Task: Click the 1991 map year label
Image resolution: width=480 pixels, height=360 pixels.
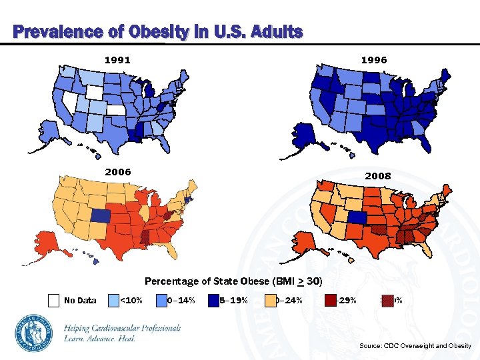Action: coord(117,60)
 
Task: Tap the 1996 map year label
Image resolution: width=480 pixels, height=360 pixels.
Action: coord(373,60)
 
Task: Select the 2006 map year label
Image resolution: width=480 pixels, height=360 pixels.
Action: coord(117,172)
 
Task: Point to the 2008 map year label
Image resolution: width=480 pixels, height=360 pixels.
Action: coord(378,176)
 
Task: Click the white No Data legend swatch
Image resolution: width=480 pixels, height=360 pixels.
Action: coord(53,300)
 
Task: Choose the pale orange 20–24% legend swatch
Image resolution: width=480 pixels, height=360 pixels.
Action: coord(271,300)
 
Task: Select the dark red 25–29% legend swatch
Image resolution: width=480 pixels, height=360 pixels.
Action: coord(330,300)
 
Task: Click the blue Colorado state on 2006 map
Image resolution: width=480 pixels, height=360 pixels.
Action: coord(102,216)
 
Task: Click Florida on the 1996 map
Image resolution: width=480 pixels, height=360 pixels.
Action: coord(432,143)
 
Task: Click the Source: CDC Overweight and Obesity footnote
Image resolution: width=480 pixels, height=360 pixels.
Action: coord(415,345)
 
